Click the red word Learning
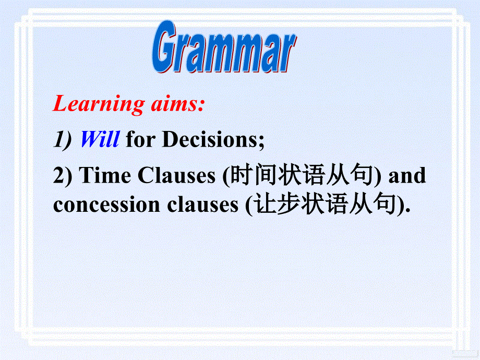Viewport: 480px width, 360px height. tap(98, 105)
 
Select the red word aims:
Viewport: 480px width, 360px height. tap(176, 104)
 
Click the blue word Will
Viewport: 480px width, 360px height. tap(100, 139)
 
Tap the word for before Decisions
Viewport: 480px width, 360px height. tap(141, 140)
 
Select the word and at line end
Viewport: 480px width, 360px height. tap(407, 176)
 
